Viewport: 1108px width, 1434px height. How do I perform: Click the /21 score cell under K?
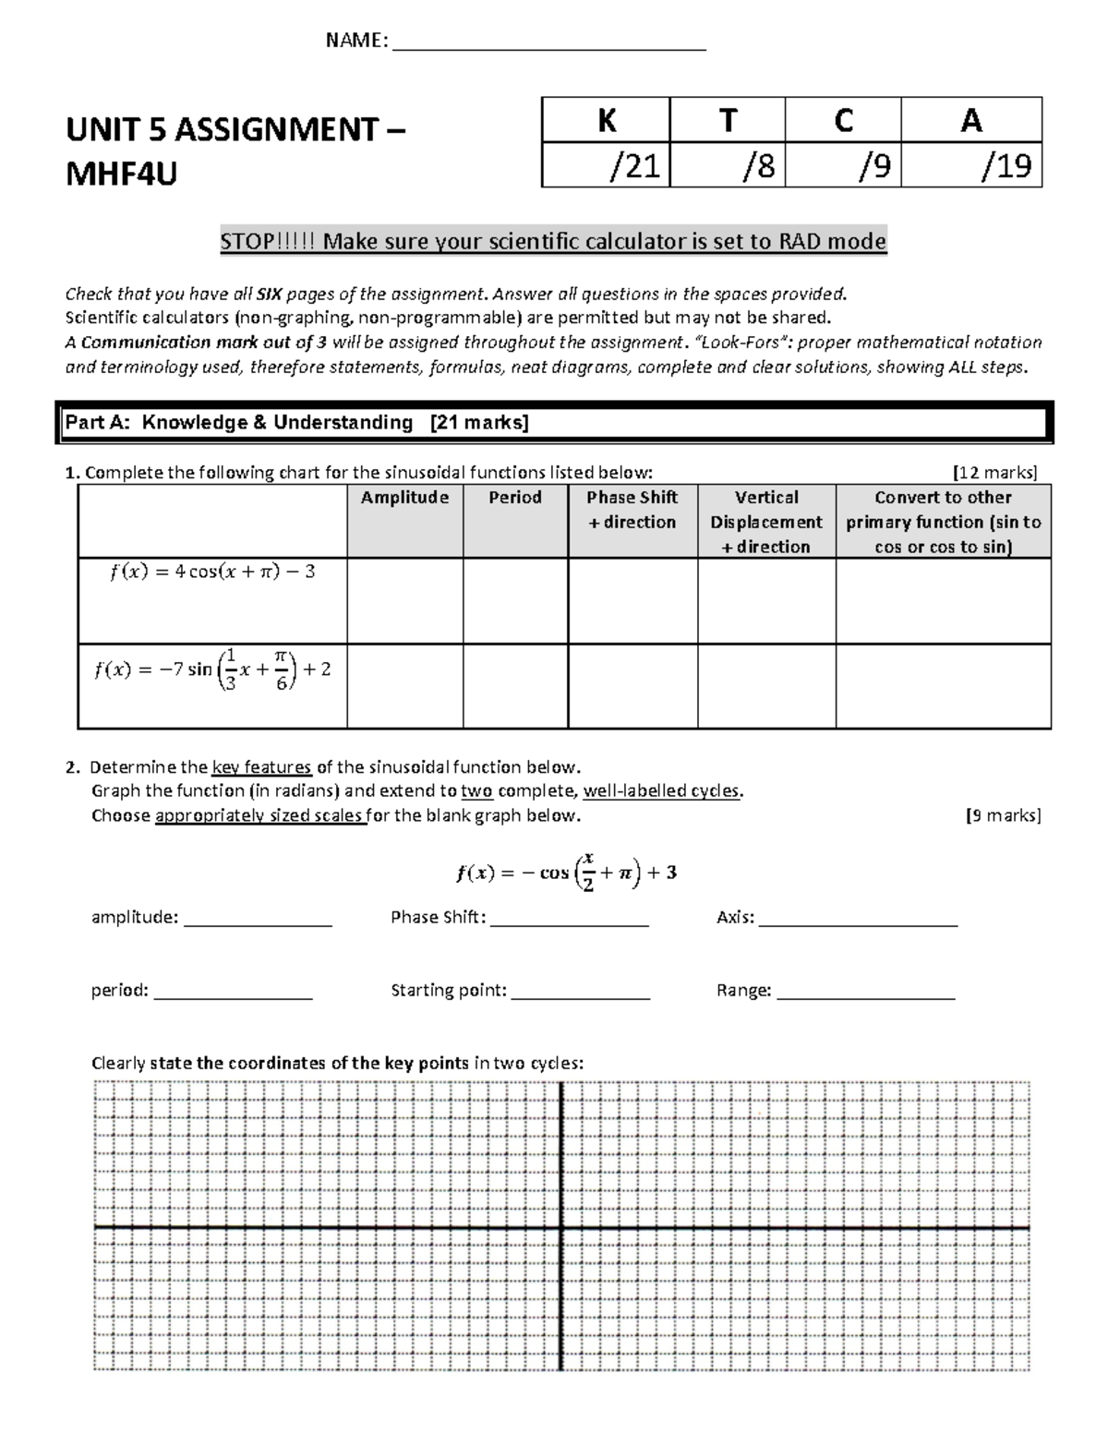pyautogui.click(x=607, y=165)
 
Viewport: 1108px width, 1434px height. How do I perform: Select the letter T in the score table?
pyautogui.click(x=728, y=120)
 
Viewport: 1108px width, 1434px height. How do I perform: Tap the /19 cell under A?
pyautogui.click(x=971, y=165)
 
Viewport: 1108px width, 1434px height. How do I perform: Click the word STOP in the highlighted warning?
pyautogui.click(x=247, y=242)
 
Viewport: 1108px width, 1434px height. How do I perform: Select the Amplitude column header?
pyautogui.click(x=404, y=498)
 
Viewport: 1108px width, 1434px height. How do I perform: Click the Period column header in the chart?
pyautogui.click(x=515, y=498)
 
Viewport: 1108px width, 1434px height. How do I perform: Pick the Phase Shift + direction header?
pyautogui.click(x=632, y=510)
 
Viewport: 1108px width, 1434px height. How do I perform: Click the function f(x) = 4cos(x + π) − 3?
pyautogui.click(x=212, y=572)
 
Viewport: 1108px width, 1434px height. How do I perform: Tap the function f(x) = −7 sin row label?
pyautogui.click(x=212, y=669)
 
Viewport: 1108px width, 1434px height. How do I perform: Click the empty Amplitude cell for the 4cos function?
pyautogui.click(x=404, y=600)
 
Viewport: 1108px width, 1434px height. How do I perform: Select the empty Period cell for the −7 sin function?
pyautogui.click(x=515, y=685)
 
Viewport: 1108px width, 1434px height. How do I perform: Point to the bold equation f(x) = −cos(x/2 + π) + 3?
pyautogui.click(x=566, y=872)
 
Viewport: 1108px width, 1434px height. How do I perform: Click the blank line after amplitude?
pyautogui.click(x=258, y=921)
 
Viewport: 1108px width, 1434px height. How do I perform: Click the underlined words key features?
pyautogui.click(x=261, y=767)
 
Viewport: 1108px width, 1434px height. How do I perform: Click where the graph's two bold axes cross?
pyautogui.click(x=561, y=1227)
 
